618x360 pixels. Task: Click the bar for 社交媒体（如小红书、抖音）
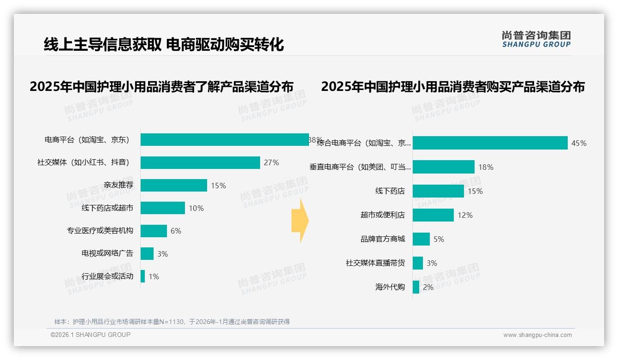point(200,162)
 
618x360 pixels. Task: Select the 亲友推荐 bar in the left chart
point(174,186)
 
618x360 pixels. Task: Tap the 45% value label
point(579,143)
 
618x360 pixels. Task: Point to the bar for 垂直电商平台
point(444,167)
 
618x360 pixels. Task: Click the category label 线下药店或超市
point(107,208)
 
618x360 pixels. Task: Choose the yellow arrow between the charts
point(300,221)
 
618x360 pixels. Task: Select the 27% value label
point(272,162)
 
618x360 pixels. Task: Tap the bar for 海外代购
point(416,287)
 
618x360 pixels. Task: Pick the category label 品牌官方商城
point(383,239)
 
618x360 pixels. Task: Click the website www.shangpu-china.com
point(537,335)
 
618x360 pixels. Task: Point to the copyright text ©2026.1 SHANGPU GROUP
point(90,335)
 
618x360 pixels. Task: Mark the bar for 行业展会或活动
point(143,276)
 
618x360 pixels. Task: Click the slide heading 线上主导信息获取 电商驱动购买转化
point(164,44)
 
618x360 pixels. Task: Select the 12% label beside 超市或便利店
point(465,215)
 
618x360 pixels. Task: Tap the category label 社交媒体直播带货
point(375,263)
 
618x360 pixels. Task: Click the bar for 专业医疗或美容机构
point(154,231)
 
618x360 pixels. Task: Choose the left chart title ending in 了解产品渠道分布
point(161,87)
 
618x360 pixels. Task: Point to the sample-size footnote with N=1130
point(172,322)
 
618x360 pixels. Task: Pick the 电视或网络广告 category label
point(107,253)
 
